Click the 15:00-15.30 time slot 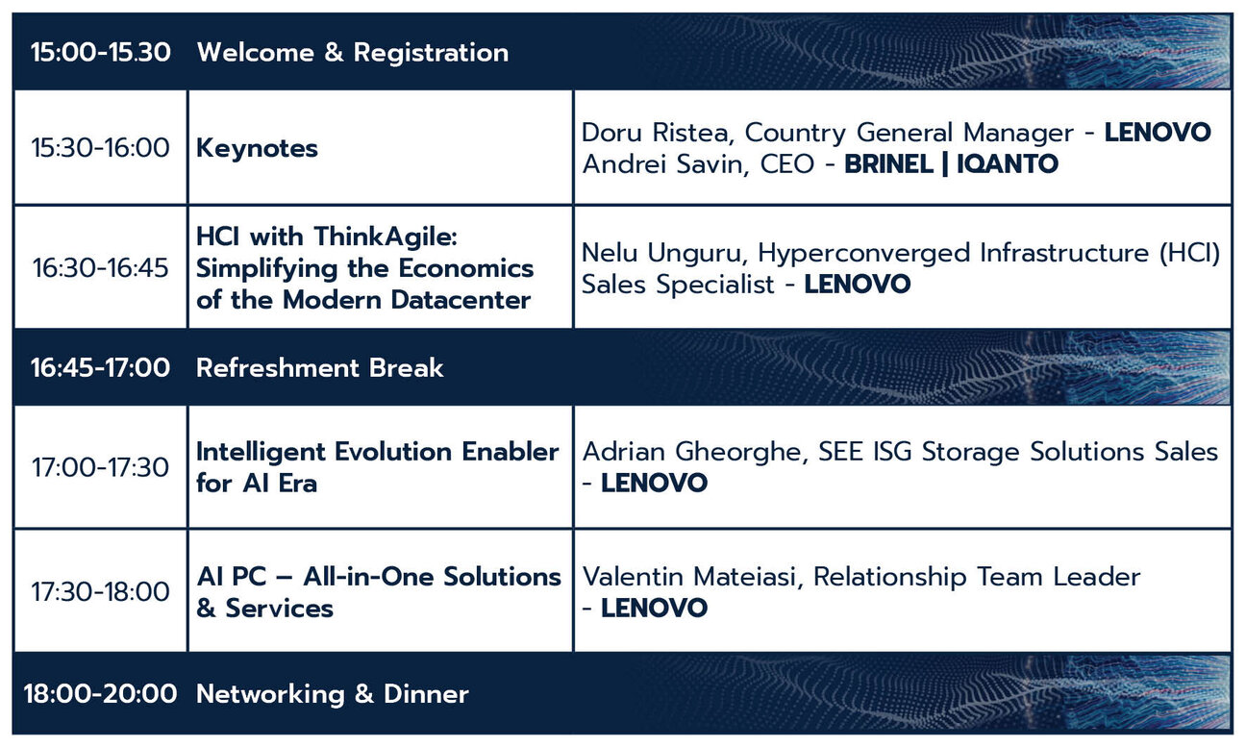pyautogui.click(x=101, y=53)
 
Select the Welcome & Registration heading pyautogui.click(x=353, y=54)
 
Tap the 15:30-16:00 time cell pyautogui.click(x=101, y=148)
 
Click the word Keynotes pyautogui.click(x=257, y=149)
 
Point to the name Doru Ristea pyautogui.click(x=655, y=133)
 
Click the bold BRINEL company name pyautogui.click(x=889, y=164)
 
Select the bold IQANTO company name pyautogui.click(x=1008, y=164)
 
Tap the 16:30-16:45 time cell pyautogui.click(x=101, y=268)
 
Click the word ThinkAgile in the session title pyautogui.click(x=386, y=237)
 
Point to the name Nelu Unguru pyautogui.click(x=661, y=253)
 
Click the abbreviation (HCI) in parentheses pyautogui.click(x=1190, y=253)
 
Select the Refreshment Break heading pyautogui.click(x=320, y=368)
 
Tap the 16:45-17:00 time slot pyautogui.click(x=101, y=368)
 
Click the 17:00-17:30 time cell pyautogui.click(x=101, y=467)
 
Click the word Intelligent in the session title pyautogui.click(x=261, y=452)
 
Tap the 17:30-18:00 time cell pyautogui.click(x=101, y=592)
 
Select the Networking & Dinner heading pyautogui.click(x=333, y=694)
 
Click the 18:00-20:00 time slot pyautogui.click(x=101, y=694)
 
